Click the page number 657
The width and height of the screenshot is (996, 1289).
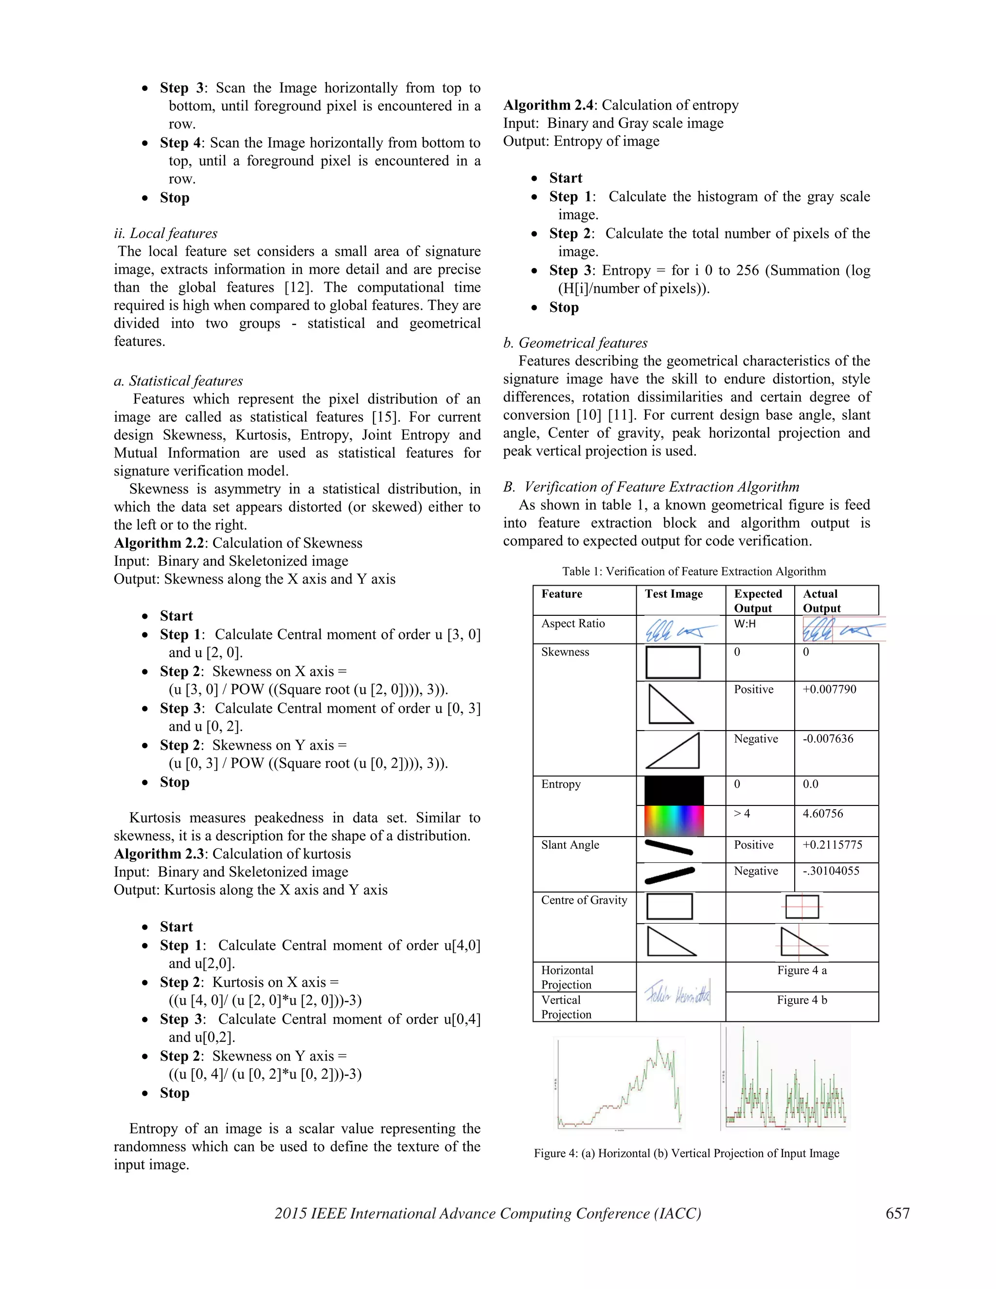[897, 1213]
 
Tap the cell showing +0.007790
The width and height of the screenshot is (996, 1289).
[829, 689]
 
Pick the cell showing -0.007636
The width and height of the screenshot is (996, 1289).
[827, 739]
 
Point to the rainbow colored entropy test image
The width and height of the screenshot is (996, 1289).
[674, 821]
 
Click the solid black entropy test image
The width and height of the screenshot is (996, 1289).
[674, 791]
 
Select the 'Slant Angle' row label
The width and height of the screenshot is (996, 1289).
[570, 844]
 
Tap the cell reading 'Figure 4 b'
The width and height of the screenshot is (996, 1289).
[801, 1000]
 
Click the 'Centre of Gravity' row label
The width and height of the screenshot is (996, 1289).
[584, 900]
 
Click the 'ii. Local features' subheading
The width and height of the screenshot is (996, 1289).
[166, 233]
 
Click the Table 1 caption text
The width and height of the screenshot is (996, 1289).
[694, 572]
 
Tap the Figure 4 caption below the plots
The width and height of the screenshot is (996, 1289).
[686, 1153]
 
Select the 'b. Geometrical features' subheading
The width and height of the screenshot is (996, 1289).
[575, 343]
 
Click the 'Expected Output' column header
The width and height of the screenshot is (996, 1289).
[758, 600]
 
